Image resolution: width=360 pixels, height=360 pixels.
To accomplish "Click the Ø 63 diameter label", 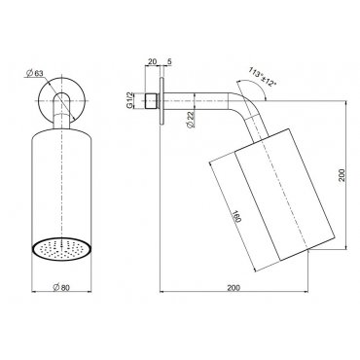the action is [x=34, y=74].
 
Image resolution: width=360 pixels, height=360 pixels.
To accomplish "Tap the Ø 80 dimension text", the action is [x=61, y=287].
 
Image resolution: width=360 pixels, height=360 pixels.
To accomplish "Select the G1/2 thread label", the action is [x=129, y=100].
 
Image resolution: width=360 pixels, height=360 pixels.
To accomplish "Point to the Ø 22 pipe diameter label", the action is [x=191, y=120].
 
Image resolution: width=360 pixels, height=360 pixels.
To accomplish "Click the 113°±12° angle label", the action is [x=263, y=77].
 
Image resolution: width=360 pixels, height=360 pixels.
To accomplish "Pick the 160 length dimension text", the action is [x=236, y=216].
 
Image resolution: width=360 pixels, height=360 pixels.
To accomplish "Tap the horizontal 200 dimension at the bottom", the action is [x=234, y=287].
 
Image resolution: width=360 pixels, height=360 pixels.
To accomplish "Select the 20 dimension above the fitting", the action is [x=152, y=61].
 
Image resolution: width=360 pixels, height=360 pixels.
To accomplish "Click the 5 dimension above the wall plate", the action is [x=169, y=61].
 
